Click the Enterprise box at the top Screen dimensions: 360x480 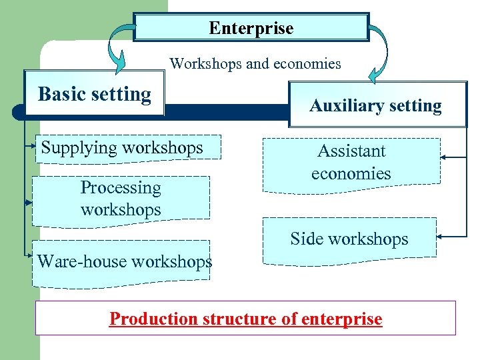click(251, 28)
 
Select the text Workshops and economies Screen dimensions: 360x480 click(255, 64)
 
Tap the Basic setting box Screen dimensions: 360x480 click(94, 94)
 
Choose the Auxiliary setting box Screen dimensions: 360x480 click(377, 105)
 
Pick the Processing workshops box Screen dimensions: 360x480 click(121, 199)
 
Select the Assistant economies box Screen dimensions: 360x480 click(351, 162)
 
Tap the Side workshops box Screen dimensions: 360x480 click(349, 239)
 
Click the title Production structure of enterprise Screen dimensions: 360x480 click(245, 319)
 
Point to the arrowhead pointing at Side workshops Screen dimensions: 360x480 click(442, 236)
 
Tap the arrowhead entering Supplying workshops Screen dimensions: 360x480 click(35, 143)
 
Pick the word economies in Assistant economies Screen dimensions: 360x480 click(351, 173)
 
